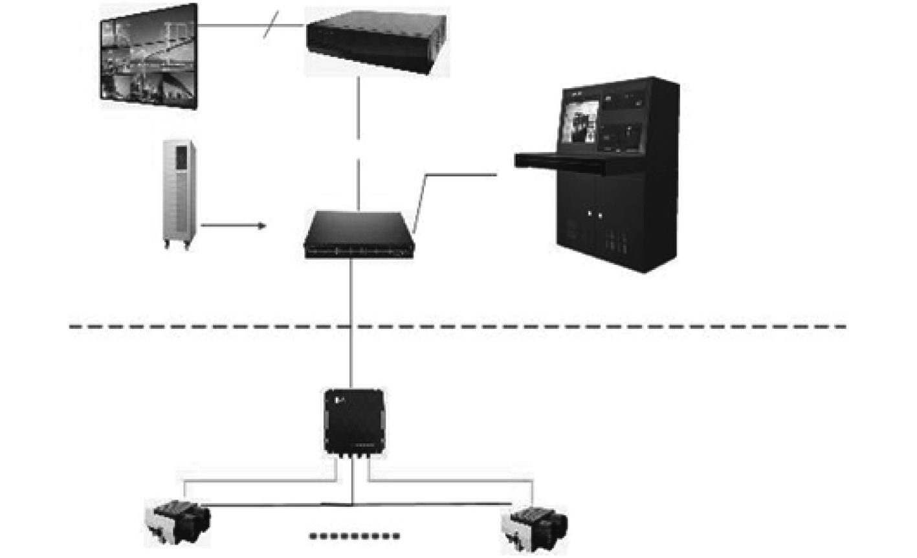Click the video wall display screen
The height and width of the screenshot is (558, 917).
149,56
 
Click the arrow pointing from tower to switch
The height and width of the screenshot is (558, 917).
233,226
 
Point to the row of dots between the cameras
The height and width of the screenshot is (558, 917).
354,536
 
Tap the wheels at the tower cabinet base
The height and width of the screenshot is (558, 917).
178,247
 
